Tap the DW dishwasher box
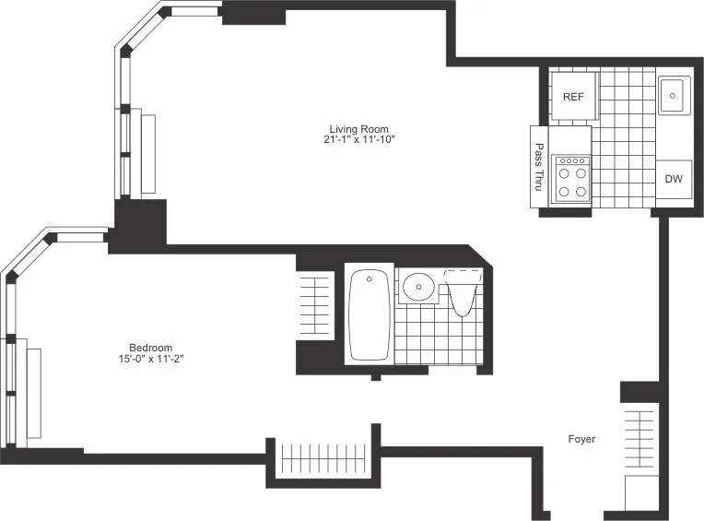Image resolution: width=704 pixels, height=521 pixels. pos(674,178)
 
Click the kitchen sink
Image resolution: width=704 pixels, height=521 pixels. pos(674,94)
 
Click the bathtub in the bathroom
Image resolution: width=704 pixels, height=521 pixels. pos(370,314)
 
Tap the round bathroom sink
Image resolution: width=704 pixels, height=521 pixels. pos(420,288)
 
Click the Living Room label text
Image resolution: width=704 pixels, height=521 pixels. pos(359,128)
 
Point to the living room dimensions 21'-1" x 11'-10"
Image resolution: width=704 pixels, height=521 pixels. pos(359,140)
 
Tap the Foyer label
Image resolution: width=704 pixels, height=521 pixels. pos(581,439)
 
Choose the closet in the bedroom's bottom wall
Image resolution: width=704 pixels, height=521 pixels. pos(323,458)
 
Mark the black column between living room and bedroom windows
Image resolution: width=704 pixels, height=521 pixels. pos(139,224)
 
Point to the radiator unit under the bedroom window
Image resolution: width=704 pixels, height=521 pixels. pos(34,393)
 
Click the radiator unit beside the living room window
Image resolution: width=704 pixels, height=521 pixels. pos(148,153)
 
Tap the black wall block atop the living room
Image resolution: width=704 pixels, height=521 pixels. pos(254,13)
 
